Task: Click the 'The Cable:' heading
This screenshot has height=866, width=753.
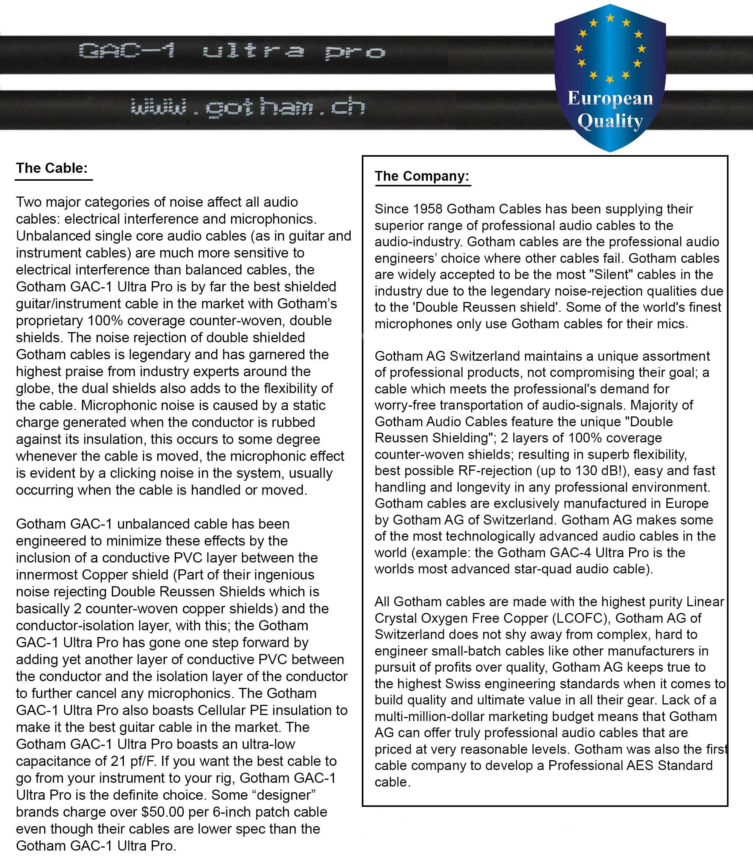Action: [52, 168]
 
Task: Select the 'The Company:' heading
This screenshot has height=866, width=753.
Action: [421, 176]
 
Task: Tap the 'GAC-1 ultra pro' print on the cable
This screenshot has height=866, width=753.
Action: [232, 52]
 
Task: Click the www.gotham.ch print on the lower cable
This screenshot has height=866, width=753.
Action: [247, 107]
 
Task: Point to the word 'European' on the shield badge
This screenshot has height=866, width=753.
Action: [610, 99]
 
